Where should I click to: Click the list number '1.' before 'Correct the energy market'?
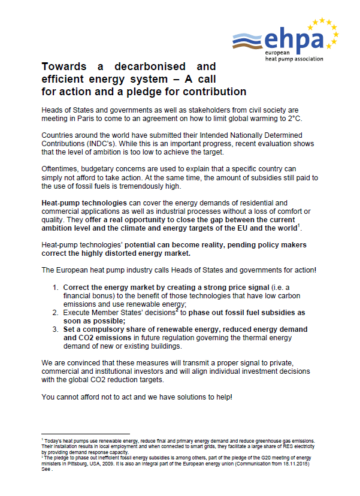click(x=55, y=286)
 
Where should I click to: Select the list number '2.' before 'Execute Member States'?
click(x=55, y=313)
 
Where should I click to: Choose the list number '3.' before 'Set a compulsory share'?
click(x=55, y=329)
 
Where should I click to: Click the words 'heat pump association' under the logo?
click(x=294, y=59)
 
